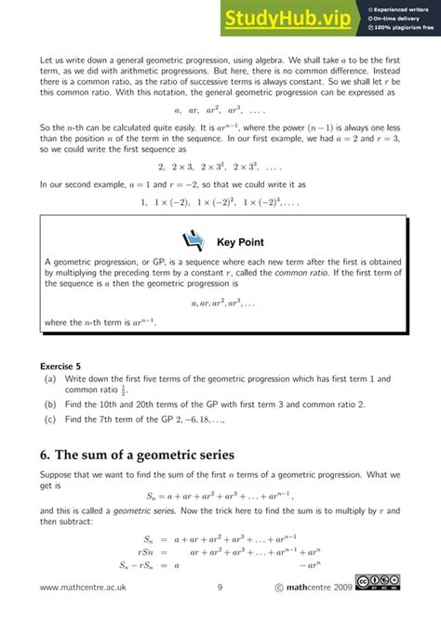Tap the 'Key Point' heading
(240, 242)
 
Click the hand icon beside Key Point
(195, 241)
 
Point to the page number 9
(220, 587)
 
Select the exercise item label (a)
(49, 379)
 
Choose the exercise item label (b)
(49, 404)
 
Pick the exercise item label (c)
(49, 420)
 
